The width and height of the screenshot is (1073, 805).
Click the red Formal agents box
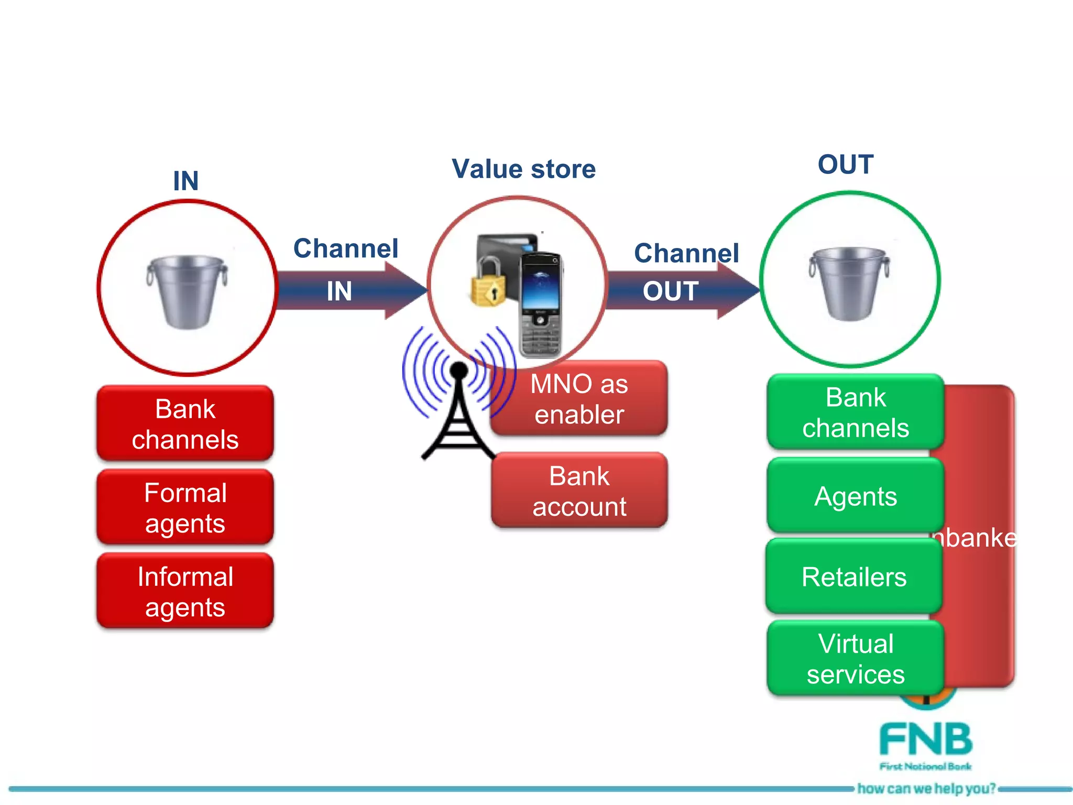(x=185, y=507)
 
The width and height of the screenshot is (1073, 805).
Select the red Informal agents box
(x=185, y=591)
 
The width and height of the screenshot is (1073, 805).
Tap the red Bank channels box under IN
(x=185, y=423)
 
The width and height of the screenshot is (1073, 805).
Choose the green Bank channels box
(x=855, y=412)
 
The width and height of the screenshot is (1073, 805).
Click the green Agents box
(x=855, y=496)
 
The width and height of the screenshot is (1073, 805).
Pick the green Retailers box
(x=853, y=576)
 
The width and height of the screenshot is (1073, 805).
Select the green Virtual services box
(x=855, y=658)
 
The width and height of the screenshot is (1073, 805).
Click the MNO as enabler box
(x=579, y=398)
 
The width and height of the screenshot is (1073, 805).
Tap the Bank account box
(x=579, y=491)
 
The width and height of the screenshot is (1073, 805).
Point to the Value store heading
(x=523, y=169)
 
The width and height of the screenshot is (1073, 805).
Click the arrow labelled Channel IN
(x=351, y=290)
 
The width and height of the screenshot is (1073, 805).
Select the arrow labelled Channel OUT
(x=681, y=290)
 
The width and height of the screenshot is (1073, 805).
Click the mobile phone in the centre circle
(x=541, y=304)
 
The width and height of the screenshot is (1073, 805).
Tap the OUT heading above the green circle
(x=845, y=165)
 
